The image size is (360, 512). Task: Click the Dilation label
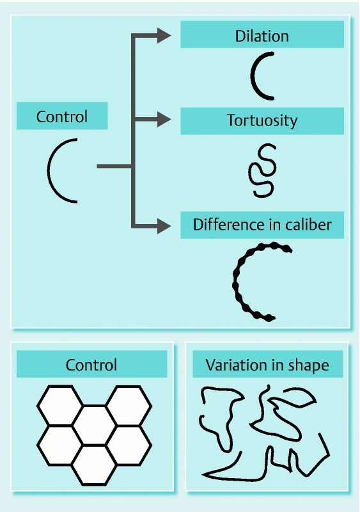click(262, 36)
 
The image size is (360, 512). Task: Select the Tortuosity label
click(262, 120)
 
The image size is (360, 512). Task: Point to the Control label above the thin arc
click(62, 116)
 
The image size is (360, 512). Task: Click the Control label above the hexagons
click(91, 365)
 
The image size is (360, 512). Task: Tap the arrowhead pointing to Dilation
click(164, 35)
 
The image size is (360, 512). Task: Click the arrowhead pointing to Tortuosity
click(164, 119)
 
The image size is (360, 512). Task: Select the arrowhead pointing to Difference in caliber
click(164, 226)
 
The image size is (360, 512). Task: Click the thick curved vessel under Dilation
click(252, 76)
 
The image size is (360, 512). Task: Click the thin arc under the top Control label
click(49, 170)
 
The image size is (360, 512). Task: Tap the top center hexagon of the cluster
click(95, 425)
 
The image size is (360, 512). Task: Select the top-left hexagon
click(59, 406)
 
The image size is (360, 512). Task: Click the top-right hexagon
click(129, 406)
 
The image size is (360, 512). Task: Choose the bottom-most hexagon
click(95, 465)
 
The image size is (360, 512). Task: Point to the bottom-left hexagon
click(59, 445)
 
